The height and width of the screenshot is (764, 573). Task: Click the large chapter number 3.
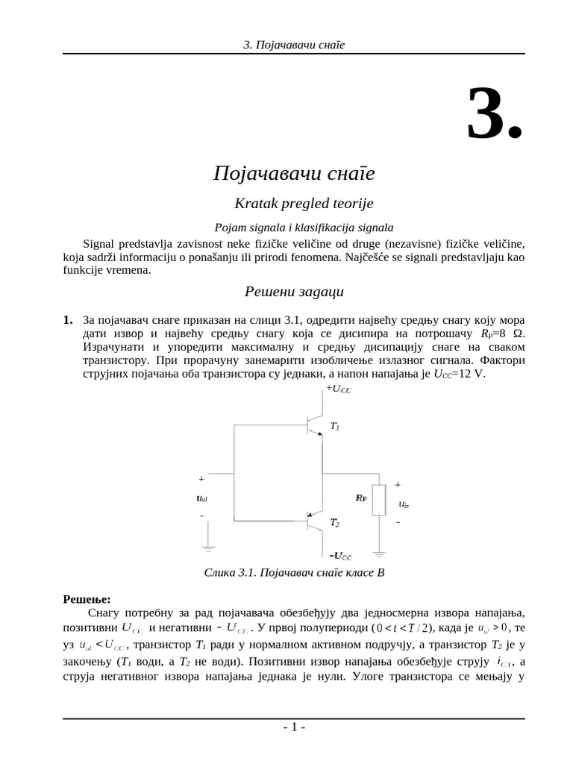coord(494,113)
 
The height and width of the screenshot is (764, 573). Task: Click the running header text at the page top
coord(294,45)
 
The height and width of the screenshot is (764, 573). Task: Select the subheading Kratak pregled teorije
coord(293,203)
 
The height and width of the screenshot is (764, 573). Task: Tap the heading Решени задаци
coord(294,291)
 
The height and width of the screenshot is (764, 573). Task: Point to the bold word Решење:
coord(87,599)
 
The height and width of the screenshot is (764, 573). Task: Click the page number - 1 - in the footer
coord(294,728)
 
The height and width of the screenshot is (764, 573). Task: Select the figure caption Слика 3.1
coord(293,573)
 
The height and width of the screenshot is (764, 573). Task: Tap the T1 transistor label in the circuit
coord(335,427)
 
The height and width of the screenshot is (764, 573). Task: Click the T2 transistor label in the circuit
coord(335,524)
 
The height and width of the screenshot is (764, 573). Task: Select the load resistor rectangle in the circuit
coord(379,499)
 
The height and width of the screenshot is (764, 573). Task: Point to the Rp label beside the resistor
coord(362,497)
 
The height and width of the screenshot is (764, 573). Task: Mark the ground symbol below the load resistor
coord(379,554)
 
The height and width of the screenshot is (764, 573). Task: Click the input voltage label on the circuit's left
coord(201,498)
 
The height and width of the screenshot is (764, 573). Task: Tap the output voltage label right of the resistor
coord(404,504)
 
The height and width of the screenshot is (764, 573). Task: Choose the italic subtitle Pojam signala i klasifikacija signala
coord(293,228)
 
